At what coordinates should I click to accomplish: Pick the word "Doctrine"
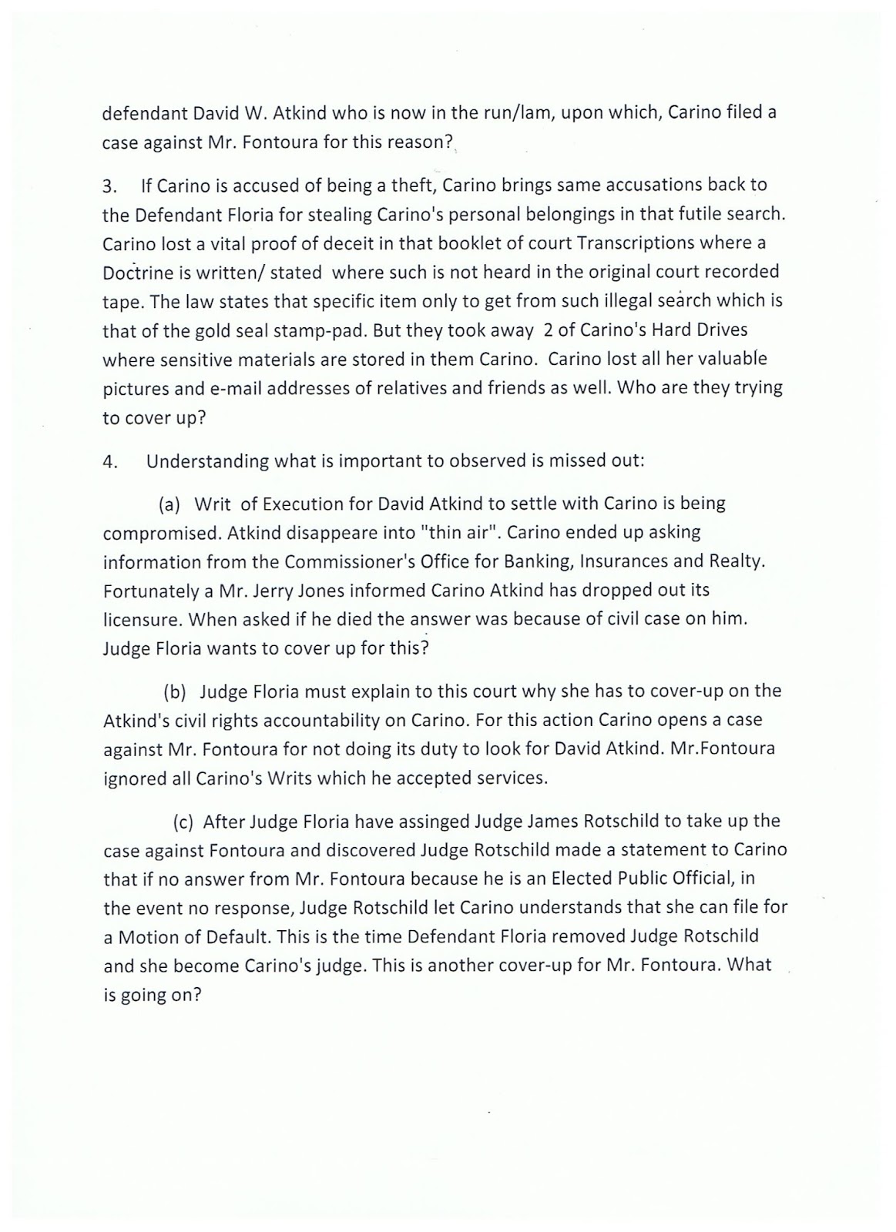136,271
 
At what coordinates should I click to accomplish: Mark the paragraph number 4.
109,462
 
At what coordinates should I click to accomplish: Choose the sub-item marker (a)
169,504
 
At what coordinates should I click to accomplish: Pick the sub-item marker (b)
175,691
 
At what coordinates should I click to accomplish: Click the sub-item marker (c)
183,822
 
